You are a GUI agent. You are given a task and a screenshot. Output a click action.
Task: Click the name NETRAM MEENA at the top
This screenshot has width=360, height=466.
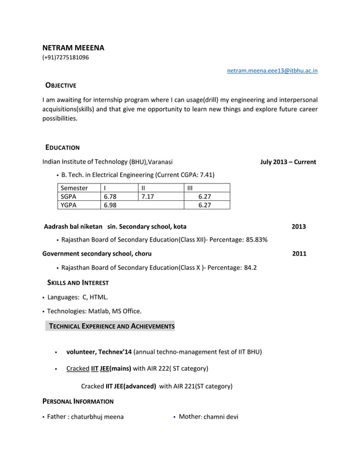pyautogui.click(x=73, y=48)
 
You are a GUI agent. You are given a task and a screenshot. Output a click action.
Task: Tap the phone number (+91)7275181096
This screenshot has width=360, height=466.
pyautogui.click(x=65, y=58)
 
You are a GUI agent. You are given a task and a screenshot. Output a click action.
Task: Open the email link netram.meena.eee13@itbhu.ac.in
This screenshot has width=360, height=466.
pyautogui.click(x=272, y=71)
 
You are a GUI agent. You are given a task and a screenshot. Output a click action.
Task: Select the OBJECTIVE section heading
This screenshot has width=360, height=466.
pyautogui.click(x=60, y=85)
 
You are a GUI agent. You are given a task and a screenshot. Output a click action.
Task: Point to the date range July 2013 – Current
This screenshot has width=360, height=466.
pyautogui.click(x=288, y=162)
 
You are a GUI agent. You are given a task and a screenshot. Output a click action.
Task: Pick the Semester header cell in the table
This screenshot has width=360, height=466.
pyautogui.click(x=74, y=188)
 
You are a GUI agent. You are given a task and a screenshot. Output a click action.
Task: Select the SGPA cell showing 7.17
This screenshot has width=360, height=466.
pyautogui.click(x=147, y=196)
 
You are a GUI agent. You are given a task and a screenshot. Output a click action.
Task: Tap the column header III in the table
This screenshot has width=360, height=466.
pyautogui.click(x=190, y=188)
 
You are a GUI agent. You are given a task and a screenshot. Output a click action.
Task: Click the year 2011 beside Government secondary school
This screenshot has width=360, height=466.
pyautogui.click(x=299, y=254)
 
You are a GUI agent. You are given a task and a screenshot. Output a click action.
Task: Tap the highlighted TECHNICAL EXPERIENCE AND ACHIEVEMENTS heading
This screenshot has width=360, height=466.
pyautogui.click(x=112, y=327)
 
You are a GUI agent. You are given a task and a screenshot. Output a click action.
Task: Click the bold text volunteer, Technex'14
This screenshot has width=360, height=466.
pyautogui.click(x=99, y=352)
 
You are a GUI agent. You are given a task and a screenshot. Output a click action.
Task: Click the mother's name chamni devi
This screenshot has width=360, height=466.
pyautogui.click(x=221, y=417)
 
